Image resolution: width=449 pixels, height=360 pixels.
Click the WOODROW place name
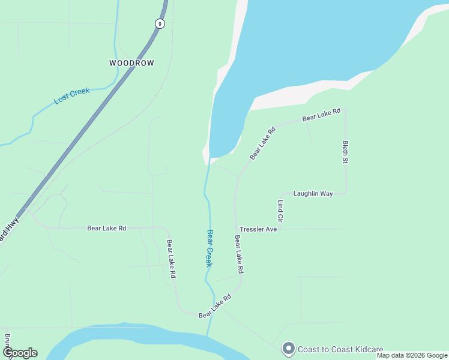(x=131, y=63)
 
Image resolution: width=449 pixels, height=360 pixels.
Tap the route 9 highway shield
(x=159, y=23)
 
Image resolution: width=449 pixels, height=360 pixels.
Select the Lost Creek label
(x=71, y=96)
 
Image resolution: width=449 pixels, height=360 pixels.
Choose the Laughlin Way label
(x=313, y=194)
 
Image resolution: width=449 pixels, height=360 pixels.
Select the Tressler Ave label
(x=258, y=229)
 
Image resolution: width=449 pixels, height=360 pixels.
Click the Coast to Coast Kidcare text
(x=341, y=349)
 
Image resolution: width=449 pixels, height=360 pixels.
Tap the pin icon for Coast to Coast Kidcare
(x=289, y=348)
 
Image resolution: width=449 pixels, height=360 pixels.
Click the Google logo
(x=20, y=353)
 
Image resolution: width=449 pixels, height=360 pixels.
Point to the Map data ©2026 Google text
(x=412, y=356)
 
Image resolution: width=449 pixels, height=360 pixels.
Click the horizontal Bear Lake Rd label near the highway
(x=107, y=228)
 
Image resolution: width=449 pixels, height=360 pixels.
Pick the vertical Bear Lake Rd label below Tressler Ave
(x=238, y=254)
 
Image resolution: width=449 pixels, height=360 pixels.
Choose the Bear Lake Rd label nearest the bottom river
(x=215, y=306)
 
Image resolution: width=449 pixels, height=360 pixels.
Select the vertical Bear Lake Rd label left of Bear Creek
(x=171, y=259)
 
